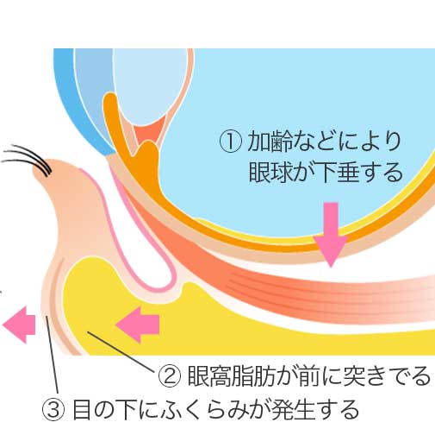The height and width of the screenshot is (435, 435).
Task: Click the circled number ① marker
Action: tap(231, 141)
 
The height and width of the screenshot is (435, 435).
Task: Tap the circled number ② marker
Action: tap(170, 376)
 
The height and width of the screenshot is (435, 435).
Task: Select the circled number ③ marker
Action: tap(53, 409)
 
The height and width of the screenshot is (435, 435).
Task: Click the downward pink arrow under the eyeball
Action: tap(331, 235)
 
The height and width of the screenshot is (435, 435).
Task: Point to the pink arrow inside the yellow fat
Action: tap(137, 325)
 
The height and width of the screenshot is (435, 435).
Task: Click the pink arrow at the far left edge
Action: tap(19, 325)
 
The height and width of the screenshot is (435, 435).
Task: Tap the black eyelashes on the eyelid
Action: tap(28, 159)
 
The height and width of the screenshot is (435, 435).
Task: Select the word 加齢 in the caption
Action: tap(269, 141)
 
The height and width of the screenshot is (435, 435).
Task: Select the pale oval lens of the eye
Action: tap(151, 86)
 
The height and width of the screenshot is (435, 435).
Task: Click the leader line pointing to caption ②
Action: tap(123, 351)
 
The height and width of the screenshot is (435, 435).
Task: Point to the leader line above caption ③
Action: tap(53, 355)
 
